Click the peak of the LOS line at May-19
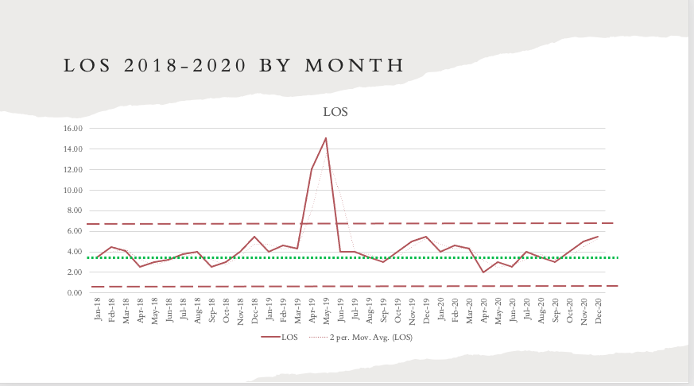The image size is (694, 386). [x=326, y=138]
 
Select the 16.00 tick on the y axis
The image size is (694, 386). [x=72, y=129]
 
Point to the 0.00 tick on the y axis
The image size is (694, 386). [x=74, y=293]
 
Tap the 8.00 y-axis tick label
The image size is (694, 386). [x=74, y=211]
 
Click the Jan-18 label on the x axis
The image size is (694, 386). [x=97, y=307]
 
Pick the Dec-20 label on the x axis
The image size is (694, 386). [x=598, y=307]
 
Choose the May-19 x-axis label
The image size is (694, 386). [x=326, y=308]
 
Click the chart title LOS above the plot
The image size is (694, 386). [x=335, y=112]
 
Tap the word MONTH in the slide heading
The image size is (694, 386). [x=355, y=66]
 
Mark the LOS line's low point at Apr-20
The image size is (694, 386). [x=483, y=272]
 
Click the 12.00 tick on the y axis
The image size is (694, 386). [x=72, y=170]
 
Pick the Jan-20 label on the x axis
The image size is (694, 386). [x=440, y=307]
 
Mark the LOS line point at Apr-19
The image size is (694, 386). [x=312, y=169]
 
